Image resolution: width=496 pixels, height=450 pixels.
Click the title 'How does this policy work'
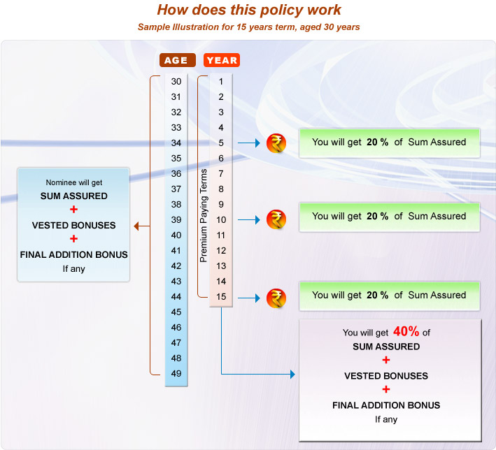click(249, 10)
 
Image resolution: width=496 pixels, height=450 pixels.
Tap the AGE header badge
click(176, 60)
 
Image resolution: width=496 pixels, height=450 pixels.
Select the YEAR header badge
click(222, 60)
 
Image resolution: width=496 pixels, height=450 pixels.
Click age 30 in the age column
click(176, 82)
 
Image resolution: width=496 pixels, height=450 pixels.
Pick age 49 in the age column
click(176, 374)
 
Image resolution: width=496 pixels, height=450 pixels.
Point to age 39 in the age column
click(176, 220)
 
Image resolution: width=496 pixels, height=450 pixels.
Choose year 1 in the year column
click(221, 82)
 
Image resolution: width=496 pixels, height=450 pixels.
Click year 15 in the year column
click(221, 297)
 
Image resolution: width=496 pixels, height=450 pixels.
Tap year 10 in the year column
click(221, 220)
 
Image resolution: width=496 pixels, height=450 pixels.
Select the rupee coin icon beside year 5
click(276, 144)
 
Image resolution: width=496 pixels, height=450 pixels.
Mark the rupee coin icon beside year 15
click(276, 298)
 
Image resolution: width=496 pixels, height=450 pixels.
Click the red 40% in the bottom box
click(406, 332)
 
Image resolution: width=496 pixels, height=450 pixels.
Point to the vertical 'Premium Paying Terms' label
click(204, 215)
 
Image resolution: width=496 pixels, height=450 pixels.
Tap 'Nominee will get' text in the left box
click(73, 182)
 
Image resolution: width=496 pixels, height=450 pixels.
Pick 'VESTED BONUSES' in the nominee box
click(73, 225)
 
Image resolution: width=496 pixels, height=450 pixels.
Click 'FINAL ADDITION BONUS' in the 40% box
click(386, 405)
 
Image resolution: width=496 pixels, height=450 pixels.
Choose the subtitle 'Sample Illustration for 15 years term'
click(249, 27)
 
